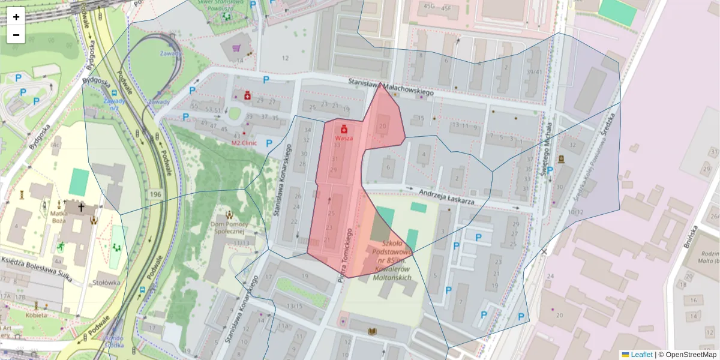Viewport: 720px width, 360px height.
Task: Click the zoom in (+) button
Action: tap(16, 17)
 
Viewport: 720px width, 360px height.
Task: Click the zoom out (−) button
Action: tap(16, 35)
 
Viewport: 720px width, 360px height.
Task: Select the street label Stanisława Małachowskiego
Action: tap(391, 86)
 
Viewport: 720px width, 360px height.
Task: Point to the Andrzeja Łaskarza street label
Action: tap(446, 197)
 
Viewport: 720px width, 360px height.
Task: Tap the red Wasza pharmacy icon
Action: tap(344, 129)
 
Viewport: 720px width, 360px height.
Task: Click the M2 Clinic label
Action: tap(244, 143)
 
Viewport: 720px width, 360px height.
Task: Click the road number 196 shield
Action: tap(156, 195)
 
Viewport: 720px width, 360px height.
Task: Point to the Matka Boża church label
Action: tap(59, 216)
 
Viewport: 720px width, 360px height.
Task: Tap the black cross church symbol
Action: tap(81, 207)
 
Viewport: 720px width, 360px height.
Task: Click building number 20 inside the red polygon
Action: tap(383, 126)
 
